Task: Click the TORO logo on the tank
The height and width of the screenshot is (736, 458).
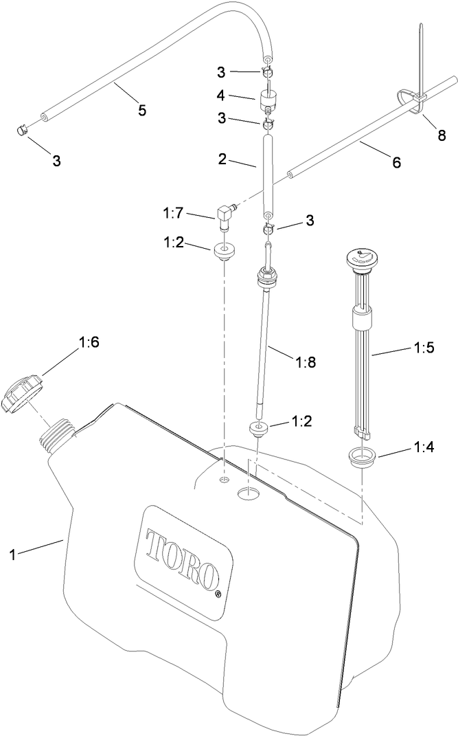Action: coord(181,553)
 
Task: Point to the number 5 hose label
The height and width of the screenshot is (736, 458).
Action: coord(142,110)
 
